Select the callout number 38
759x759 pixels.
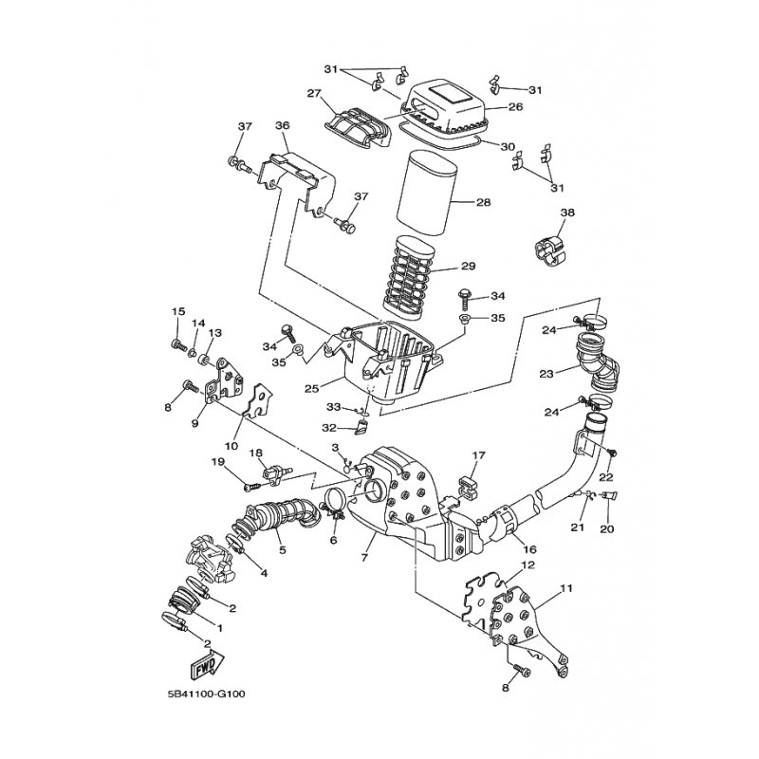point(567,213)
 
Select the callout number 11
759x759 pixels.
point(566,589)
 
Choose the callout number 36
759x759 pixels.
point(282,126)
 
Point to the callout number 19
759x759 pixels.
point(216,461)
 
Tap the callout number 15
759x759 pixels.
point(176,312)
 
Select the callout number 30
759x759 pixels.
point(508,147)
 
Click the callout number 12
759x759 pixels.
point(528,565)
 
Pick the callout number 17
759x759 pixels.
point(480,455)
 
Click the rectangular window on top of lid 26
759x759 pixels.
point(446,96)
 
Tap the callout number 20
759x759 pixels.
point(607,528)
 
